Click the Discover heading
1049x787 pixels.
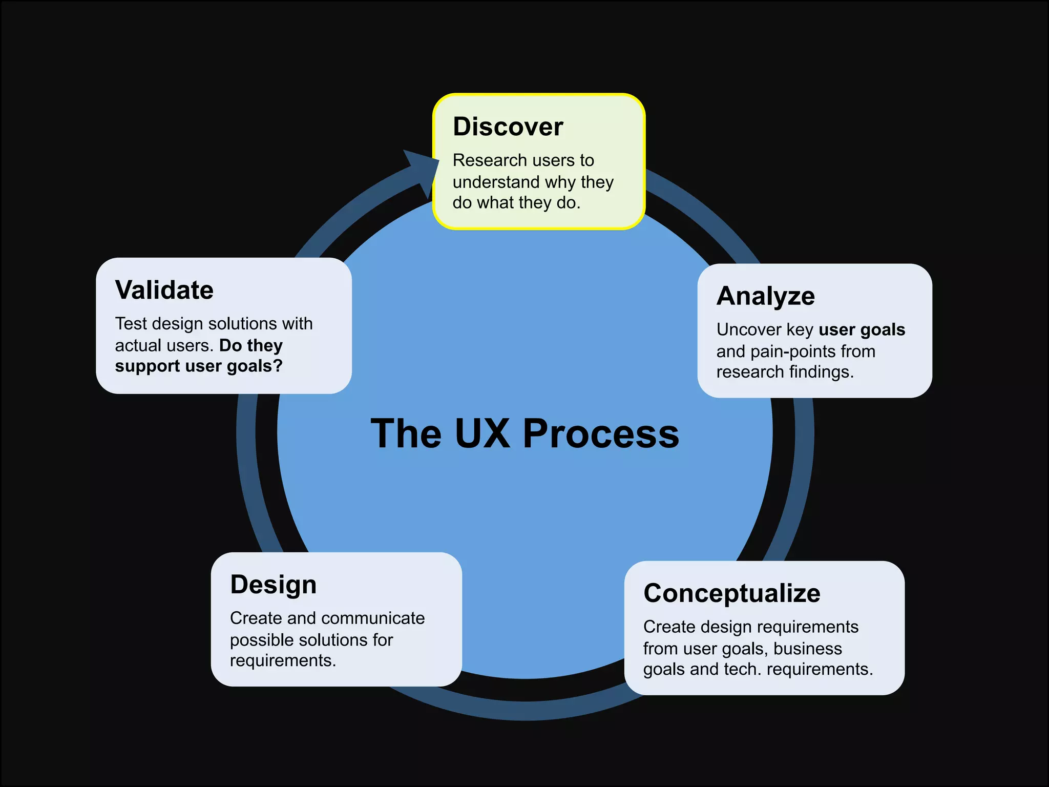tap(508, 127)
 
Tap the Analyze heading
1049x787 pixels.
tap(765, 296)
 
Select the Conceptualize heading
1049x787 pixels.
tap(731, 593)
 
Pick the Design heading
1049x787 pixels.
tap(273, 585)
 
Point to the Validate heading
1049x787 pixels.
tap(164, 290)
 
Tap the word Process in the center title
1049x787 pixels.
tap(601, 433)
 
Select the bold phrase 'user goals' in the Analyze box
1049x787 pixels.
tap(862, 329)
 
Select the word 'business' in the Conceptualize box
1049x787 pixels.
tap(807, 649)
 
